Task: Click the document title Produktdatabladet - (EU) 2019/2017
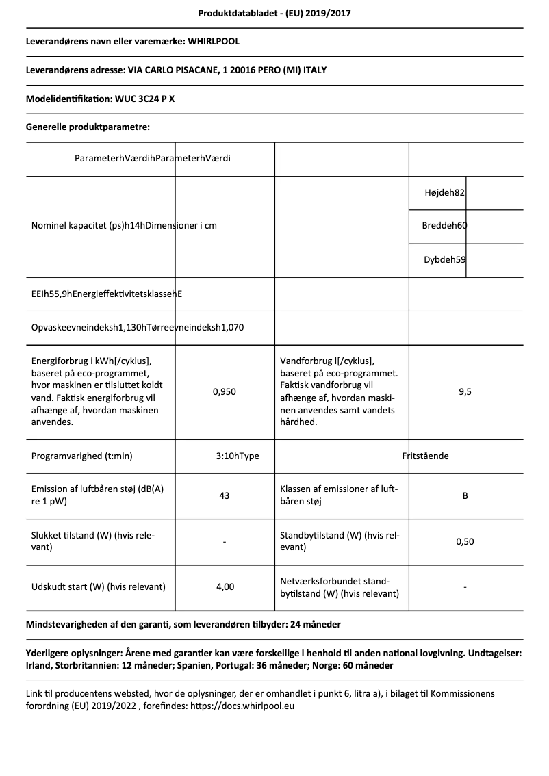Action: point(274,13)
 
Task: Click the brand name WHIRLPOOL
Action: point(213,41)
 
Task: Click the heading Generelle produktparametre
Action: point(88,127)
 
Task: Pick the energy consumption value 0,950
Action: point(224,392)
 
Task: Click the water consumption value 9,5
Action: point(465,392)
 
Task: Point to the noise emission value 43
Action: point(224,495)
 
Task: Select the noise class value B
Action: point(465,495)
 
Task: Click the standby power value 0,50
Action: point(465,541)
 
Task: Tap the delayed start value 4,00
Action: point(224,587)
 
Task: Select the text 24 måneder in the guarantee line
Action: point(315,625)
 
